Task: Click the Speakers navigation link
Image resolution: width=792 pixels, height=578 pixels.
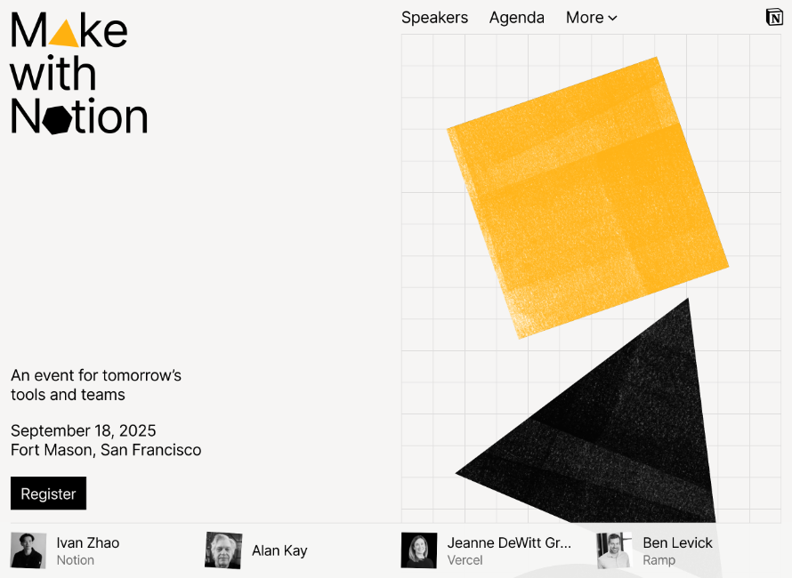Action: point(434,18)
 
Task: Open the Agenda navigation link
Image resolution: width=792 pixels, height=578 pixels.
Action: point(517,18)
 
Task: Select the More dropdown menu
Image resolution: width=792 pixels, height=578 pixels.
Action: point(592,18)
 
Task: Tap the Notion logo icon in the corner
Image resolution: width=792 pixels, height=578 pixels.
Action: point(774,17)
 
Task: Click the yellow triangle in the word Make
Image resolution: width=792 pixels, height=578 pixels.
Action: point(64,36)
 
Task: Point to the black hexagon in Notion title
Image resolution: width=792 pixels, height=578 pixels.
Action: point(57,120)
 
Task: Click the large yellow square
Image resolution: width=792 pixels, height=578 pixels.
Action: point(588,197)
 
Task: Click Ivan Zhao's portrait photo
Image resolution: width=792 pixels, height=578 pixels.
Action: point(28,550)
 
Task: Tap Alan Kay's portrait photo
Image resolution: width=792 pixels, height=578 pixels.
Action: point(223,550)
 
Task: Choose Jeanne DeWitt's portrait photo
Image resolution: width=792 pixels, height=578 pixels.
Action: point(419,550)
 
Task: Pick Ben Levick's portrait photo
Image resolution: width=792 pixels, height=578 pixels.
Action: point(614,550)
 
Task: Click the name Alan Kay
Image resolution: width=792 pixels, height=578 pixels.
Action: point(279,550)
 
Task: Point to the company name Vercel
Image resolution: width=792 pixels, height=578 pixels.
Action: point(465,560)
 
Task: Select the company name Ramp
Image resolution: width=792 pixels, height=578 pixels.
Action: point(659,560)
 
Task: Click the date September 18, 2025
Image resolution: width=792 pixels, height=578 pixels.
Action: point(84,430)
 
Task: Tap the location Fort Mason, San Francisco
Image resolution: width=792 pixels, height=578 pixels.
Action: point(106,450)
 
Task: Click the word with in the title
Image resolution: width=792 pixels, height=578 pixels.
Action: point(53,73)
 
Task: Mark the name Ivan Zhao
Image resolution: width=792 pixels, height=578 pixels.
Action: point(88,542)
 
